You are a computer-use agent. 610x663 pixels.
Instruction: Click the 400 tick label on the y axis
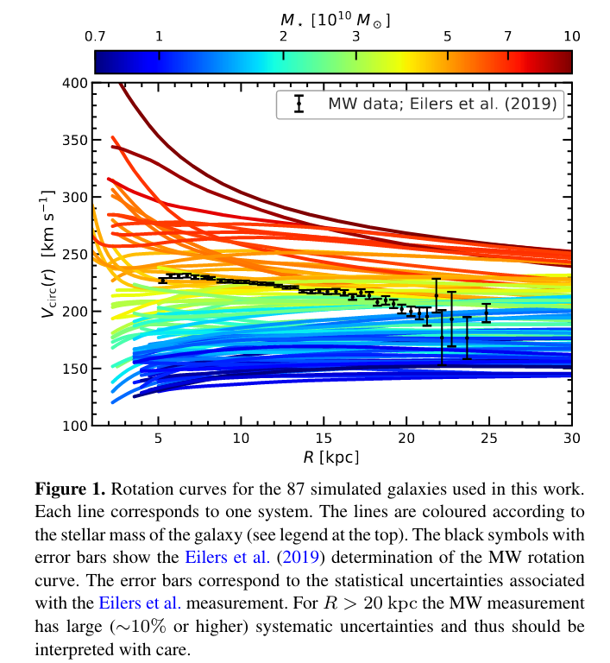(x=76, y=83)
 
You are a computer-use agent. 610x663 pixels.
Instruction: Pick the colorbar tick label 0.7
(x=95, y=37)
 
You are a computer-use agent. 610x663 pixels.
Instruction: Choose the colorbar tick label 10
(x=571, y=37)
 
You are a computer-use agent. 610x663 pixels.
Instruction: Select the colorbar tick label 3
(x=356, y=37)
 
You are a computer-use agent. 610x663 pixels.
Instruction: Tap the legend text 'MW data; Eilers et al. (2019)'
(x=442, y=105)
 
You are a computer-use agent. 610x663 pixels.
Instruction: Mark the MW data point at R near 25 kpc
(x=487, y=313)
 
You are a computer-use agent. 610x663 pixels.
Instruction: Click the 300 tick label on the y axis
(x=76, y=197)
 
